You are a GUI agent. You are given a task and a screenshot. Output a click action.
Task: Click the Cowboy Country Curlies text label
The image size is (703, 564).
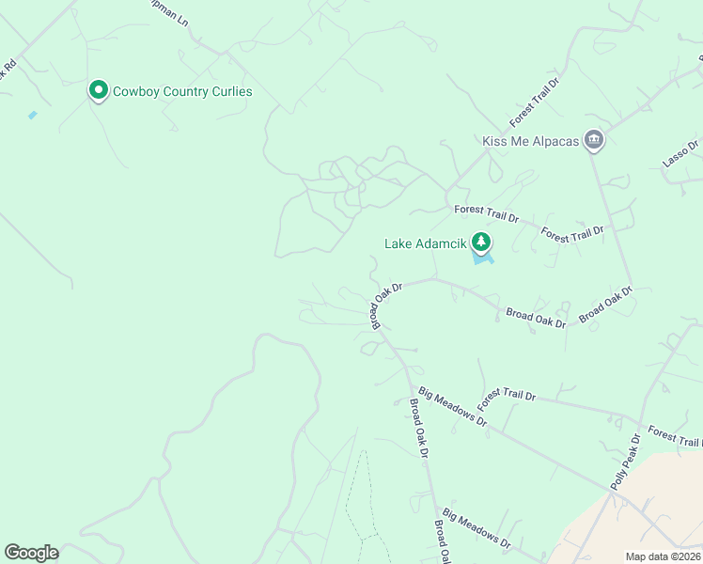coord(182,92)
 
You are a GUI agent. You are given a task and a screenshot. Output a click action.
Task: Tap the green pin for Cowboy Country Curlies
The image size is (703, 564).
coord(98,90)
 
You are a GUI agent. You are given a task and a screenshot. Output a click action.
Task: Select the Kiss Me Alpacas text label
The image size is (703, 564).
coord(531,141)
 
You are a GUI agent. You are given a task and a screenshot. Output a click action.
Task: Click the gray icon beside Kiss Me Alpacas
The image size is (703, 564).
coord(594,141)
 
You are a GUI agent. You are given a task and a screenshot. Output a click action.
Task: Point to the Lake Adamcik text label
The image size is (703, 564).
coord(426,243)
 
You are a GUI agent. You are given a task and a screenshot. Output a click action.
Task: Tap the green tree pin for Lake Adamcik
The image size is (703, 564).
coord(481,243)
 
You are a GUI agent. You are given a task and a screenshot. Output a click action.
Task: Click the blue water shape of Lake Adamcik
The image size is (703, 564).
coord(485,258)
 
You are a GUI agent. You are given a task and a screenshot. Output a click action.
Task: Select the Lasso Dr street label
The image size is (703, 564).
coord(680,154)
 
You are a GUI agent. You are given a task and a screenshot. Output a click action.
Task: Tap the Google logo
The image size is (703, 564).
coord(31,553)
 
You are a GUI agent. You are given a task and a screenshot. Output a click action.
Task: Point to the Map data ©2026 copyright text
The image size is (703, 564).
coord(663,556)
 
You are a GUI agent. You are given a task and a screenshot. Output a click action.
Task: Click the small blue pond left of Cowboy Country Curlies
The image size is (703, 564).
coord(33,115)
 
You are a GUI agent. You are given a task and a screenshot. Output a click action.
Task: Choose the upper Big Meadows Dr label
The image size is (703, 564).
coord(453,407)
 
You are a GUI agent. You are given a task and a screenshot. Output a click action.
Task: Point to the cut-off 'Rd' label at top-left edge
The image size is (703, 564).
coord(8,70)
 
